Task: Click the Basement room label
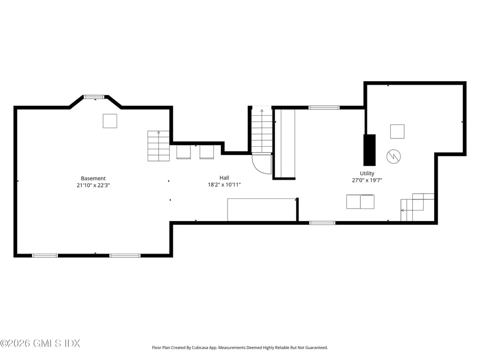[x=93, y=178]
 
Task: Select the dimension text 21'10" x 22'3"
[x=93, y=185]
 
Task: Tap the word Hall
[x=224, y=178]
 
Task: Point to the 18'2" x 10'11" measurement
[x=224, y=184]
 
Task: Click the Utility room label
[x=367, y=174]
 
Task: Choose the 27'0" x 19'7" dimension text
[x=367, y=180]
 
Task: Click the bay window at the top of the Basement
[x=94, y=97]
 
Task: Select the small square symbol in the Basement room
[x=110, y=121]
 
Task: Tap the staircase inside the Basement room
[x=158, y=146]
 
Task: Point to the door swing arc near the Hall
[x=262, y=164]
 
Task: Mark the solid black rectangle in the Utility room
[x=370, y=150]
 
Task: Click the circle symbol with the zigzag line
[x=394, y=155]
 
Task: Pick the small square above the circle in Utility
[x=397, y=132]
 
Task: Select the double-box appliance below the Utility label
[x=360, y=201]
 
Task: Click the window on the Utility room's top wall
[x=324, y=107]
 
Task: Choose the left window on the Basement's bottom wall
[x=45, y=255]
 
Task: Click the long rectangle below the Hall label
[x=262, y=210]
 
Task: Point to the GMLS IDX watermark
[x=40, y=343]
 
